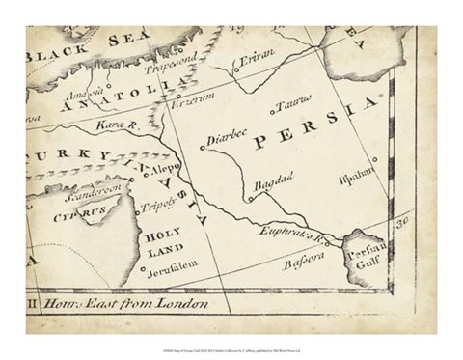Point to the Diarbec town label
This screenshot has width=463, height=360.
point(230,139)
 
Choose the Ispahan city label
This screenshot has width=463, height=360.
point(377,180)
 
